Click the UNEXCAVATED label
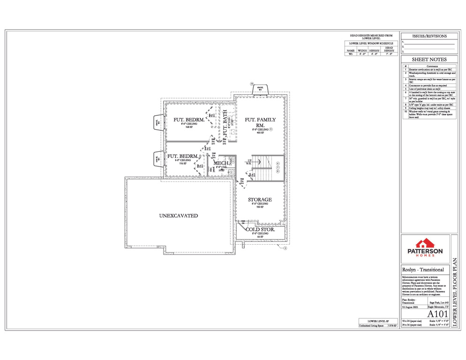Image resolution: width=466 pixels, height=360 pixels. click(x=178, y=216)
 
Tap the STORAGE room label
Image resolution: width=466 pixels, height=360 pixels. click(x=260, y=200)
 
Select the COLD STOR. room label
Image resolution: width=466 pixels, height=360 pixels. click(x=260, y=230)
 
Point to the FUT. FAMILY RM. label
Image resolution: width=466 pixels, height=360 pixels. click(x=260, y=122)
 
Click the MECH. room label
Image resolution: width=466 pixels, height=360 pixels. click(x=221, y=163)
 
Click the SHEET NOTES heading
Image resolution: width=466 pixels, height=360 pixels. click(x=429, y=60)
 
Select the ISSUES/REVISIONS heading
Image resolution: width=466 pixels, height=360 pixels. click(x=429, y=36)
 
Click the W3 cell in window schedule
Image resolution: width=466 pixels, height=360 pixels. click(x=350, y=54)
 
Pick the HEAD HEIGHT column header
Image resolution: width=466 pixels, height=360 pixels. click(x=389, y=49)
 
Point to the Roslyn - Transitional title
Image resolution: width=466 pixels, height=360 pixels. click(x=423, y=270)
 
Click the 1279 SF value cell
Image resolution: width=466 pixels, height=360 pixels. click(x=391, y=324)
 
